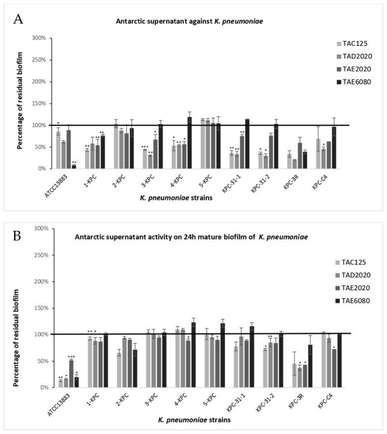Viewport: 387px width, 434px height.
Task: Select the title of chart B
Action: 191,236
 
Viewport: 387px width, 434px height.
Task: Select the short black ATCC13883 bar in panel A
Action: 74,166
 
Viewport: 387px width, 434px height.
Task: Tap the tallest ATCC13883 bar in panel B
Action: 72,373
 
